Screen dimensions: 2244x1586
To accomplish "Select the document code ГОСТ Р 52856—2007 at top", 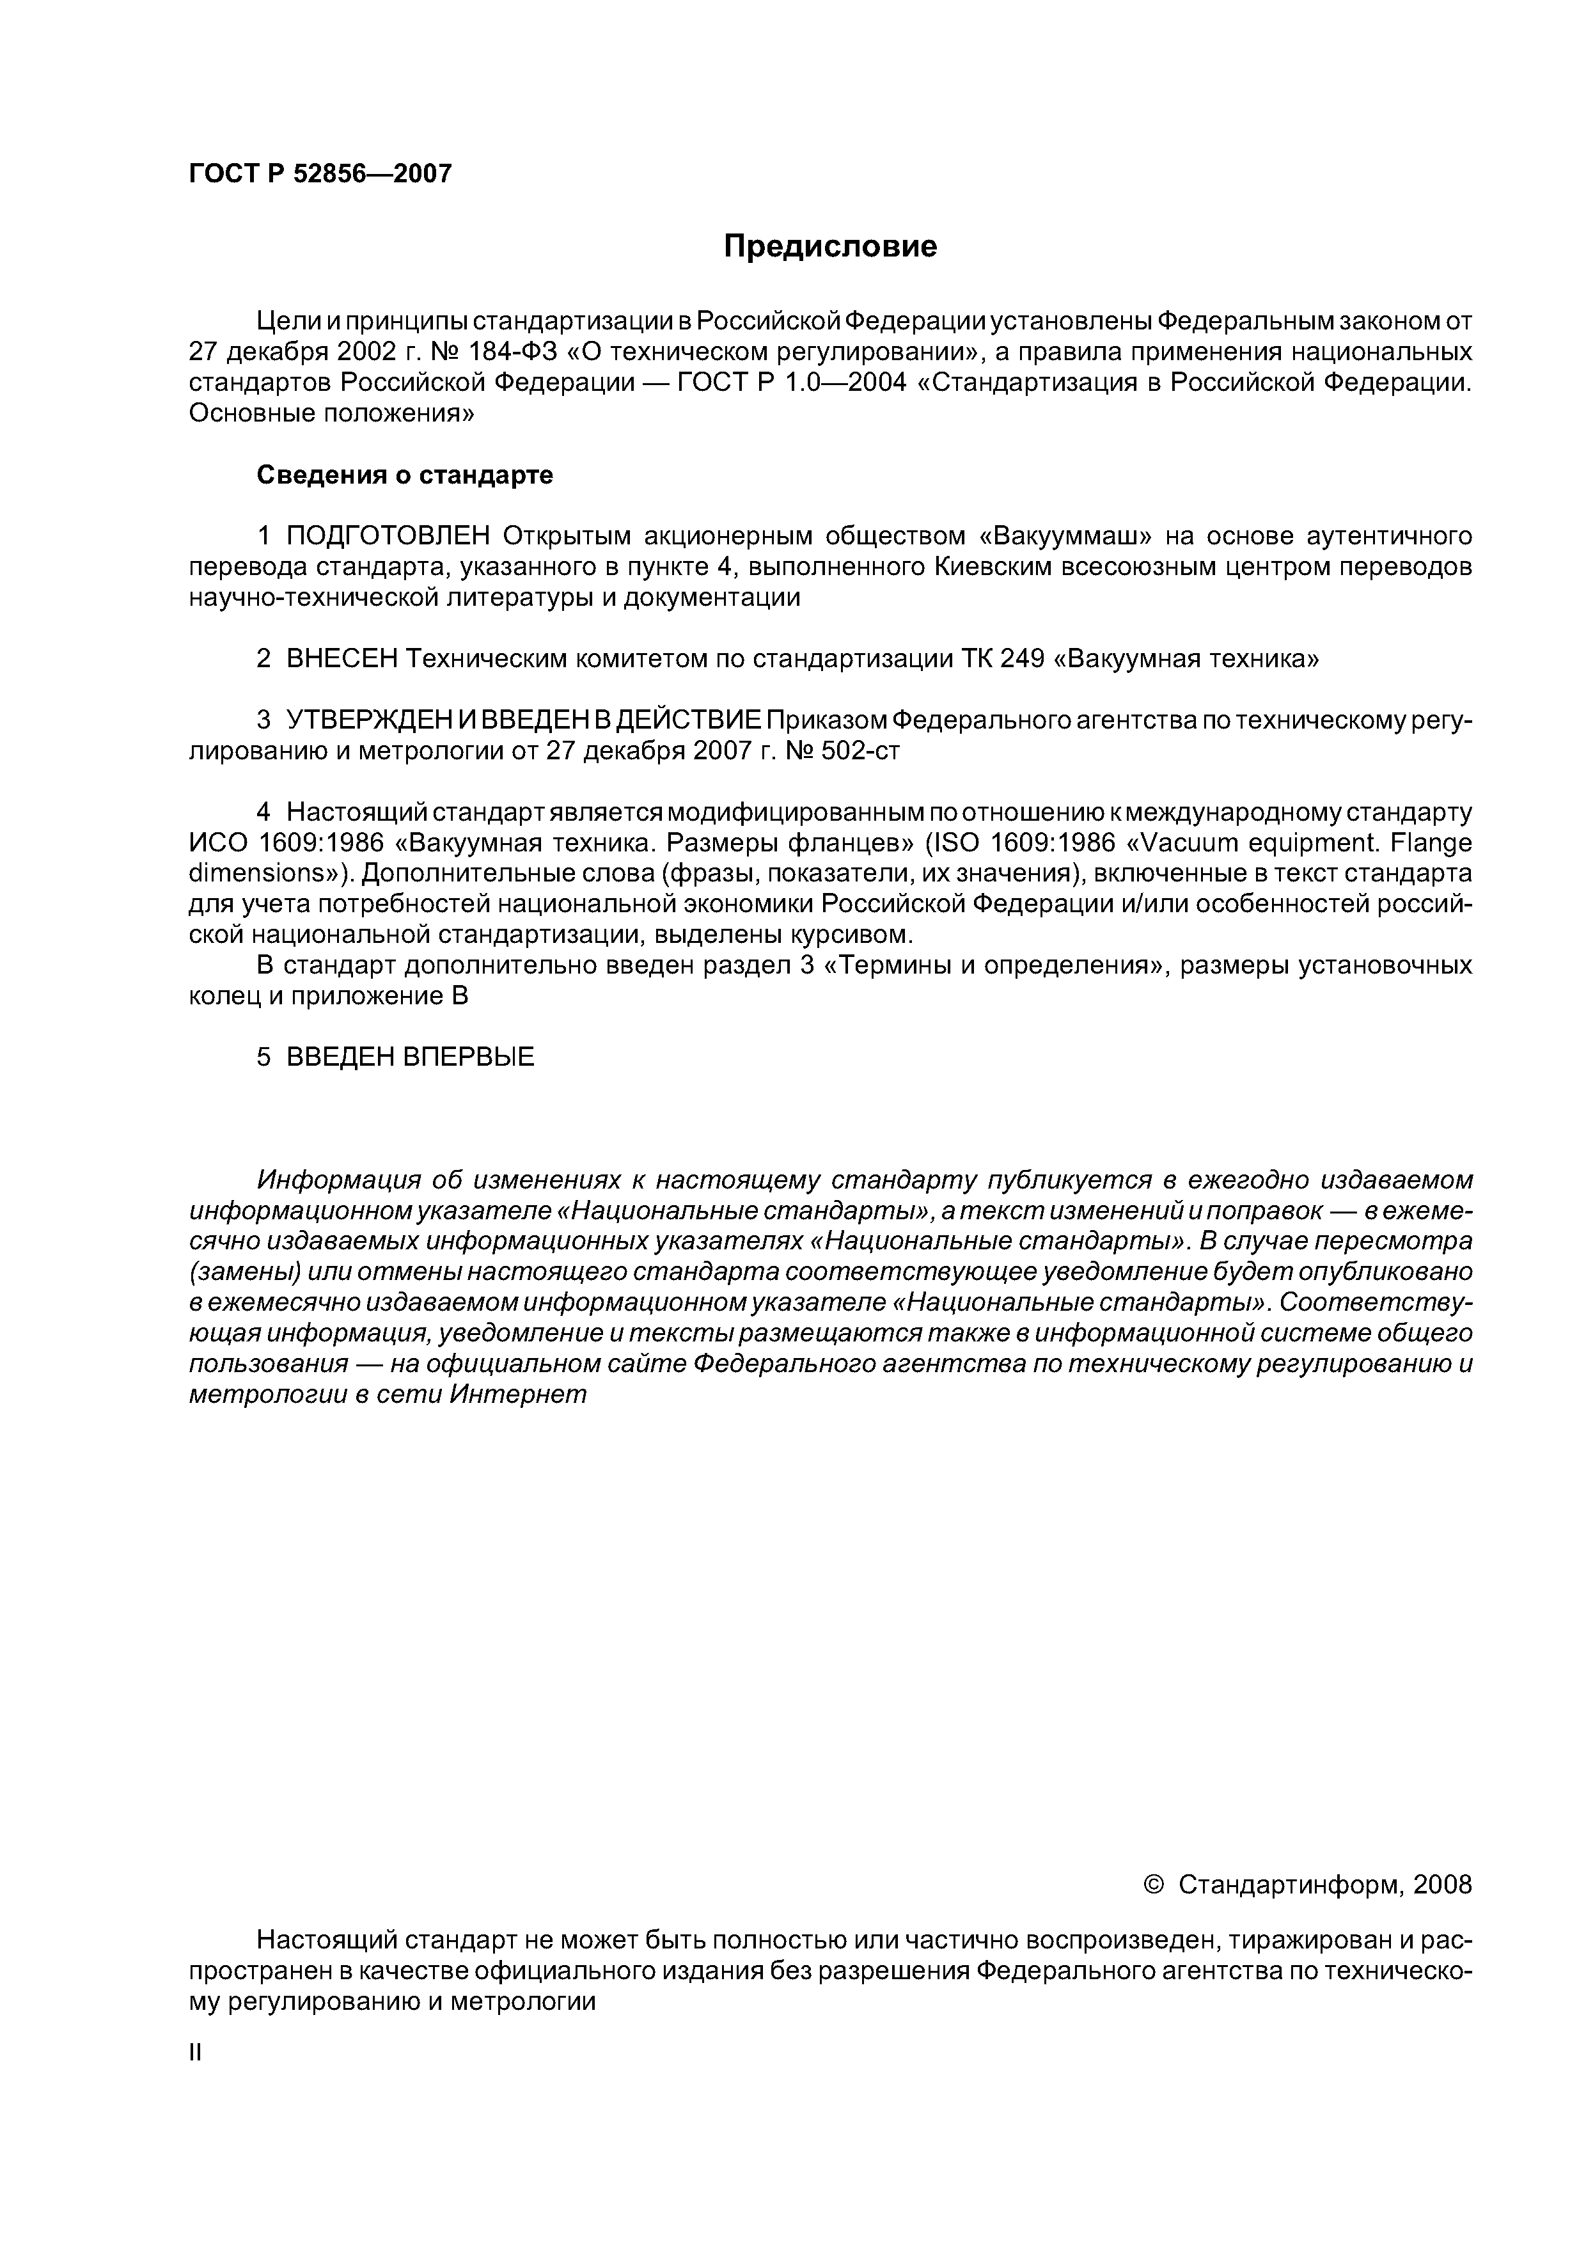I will point(320,174).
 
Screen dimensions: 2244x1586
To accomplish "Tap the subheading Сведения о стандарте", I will point(405,475).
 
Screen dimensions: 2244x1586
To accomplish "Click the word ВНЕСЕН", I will point(342,659).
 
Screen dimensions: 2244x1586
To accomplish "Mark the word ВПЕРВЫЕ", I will point(468,1057).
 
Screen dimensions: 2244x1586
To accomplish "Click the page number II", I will point(194,2053).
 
